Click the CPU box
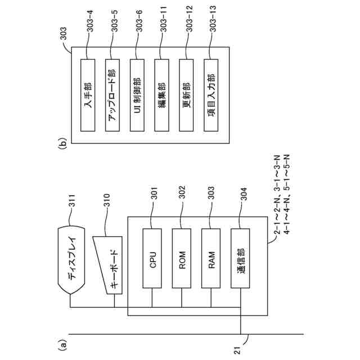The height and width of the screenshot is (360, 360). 154,258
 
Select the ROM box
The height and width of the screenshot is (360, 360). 182,258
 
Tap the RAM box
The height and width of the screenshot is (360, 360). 211,258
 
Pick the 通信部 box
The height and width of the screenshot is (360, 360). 240,258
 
